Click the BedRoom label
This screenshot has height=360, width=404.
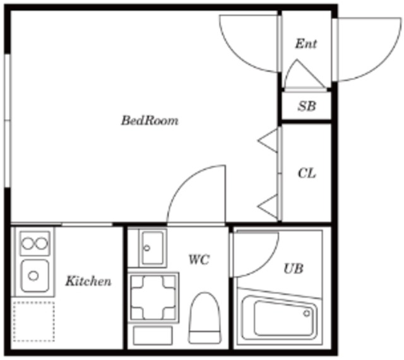pyautogui.click(x=150, y=120)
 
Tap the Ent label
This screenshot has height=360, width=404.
pyautogui.click(x=306, y=44)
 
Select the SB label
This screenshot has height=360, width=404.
pyautogui.click(x=307, y=106)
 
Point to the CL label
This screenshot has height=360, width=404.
pyautogui.click(x=307, y=173)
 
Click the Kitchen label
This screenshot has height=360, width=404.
pyautogui.click(x=88, y=281)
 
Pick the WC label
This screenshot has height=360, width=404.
pyautogui.click(x=199, y=259)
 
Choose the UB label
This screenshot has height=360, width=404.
pyautogui.click(x=293, y=269)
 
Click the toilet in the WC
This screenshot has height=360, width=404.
pyautogui.click(x=205, y=318)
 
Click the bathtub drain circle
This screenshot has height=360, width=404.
pyautogui.click(x=307, y=313)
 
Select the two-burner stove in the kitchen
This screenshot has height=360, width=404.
pyautogui.click(x=35, y=243)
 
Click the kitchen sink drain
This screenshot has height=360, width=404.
pyautogui.click(x=33, y=276)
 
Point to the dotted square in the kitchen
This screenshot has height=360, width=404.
pyautogui.click(x=33, y=322)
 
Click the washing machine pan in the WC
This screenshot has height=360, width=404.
pyautogui.click(x=153, y=298)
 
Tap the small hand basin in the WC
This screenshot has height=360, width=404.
pyautogui.click(x=153, y=248)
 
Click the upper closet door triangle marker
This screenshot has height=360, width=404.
pyautogui.click(x=268, y=141)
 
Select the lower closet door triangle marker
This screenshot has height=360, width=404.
pyautogui.click(x=268, y=206)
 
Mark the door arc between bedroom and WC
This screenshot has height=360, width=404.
pyautogui.click(x=184, y=180)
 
